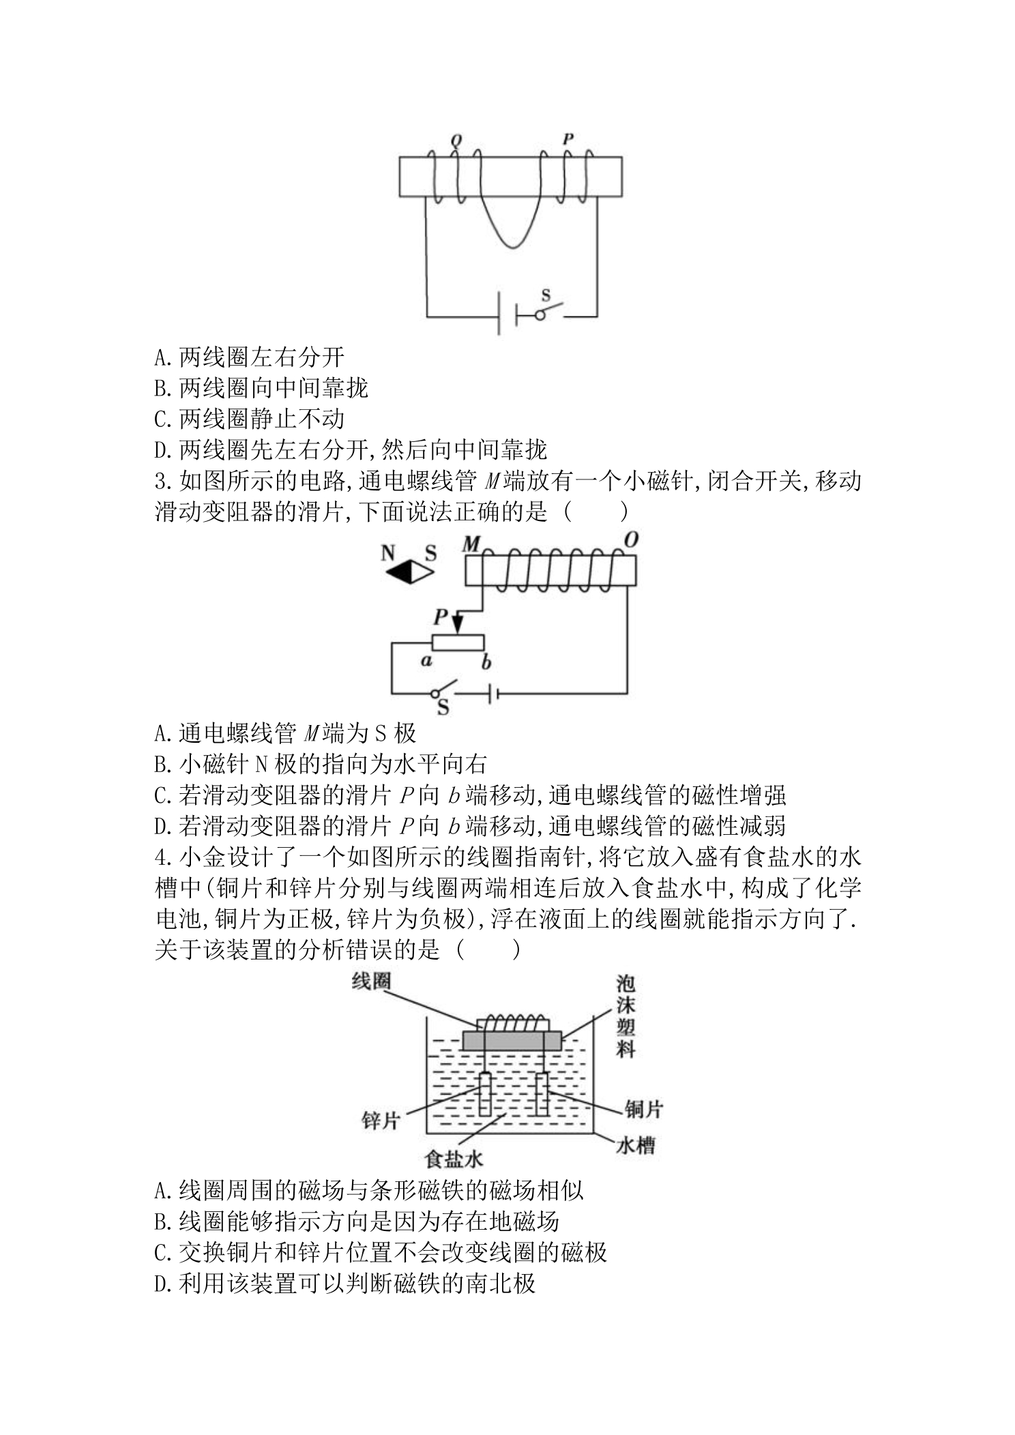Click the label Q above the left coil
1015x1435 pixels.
coord(456,142)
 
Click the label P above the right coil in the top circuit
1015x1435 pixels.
coord(568,139)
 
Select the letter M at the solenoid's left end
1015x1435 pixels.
coord(471,544)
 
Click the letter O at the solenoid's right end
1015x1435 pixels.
coord(631,539)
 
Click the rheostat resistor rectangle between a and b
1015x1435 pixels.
coord(458,642)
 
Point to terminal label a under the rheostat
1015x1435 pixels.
coord(426,660)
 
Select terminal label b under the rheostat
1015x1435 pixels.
coord(487,662)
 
